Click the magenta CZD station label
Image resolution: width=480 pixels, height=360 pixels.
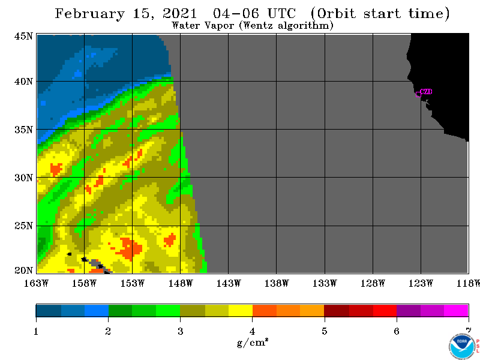click(x=426, y=92)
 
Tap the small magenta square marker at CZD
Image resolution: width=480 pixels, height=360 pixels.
click(x=418, y=94)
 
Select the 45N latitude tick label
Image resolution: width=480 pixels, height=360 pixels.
click(x=23, y=36)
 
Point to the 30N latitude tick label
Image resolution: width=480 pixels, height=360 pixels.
click(x=23, y=178)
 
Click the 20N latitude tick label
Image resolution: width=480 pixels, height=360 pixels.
click(x=23, y=271)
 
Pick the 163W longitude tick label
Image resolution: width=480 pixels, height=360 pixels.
click(x=36, y=283)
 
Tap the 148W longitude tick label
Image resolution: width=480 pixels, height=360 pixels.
click(x=181, y=283)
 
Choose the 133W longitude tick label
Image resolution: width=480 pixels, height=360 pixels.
click(x=325, y=283)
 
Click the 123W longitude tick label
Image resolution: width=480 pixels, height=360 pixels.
click(x=421, y=283)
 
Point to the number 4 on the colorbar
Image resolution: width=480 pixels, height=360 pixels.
click(x=252, y=331)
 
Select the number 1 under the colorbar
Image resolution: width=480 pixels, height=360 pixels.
click(x=36, y=331)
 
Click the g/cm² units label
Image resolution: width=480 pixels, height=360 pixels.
click(x=253, y=343)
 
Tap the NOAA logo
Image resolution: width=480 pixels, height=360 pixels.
click(x=461, y=347)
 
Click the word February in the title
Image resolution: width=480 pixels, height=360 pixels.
click(x=89, y=14)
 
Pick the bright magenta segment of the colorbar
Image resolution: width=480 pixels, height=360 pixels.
click(x=456, y=310)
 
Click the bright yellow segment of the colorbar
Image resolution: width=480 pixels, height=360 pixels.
click(x=241, y=310)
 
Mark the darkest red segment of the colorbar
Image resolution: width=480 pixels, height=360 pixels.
click(x=337, y=310)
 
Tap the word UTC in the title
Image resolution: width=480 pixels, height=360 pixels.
click(x=281, y=14)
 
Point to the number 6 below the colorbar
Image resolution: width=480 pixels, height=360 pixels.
click(x=397, y=331)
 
